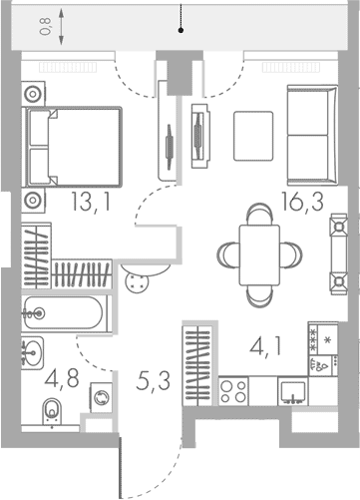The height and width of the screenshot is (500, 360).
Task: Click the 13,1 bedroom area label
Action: tap(91, 203)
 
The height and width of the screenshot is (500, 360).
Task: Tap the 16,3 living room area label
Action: tap(302, 202)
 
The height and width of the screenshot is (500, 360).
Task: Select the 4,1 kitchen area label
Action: tap(265, 346)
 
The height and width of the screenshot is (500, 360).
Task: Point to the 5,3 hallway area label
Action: tap(153, 381)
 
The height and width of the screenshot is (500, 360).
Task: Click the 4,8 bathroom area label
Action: tap(62, 378)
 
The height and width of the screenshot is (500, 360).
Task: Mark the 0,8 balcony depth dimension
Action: tap(45, 27)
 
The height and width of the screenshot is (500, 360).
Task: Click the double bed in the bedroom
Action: tap(72, 147)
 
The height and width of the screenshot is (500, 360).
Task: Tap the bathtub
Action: tap(64, 313)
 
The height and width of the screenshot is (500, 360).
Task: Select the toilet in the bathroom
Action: tap(53, 411)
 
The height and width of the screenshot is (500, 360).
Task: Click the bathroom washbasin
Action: tap(33, 353)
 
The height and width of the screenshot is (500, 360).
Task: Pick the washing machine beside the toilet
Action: tap(101, 398)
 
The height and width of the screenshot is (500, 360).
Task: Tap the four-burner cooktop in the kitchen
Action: tap(233, 391)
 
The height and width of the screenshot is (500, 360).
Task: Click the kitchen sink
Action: tap(293, 391)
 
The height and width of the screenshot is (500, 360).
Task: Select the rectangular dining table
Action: tap(259, 255)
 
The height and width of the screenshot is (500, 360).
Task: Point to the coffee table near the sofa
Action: tap(253, 136)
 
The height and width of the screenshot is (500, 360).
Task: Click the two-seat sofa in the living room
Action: tap(312, 135)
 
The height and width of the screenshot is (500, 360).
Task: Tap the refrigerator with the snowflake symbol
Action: tap(323, 338)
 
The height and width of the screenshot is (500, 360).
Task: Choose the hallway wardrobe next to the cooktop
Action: tap(198, 365)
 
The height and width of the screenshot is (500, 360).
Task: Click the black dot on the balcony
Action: tap(180, 30)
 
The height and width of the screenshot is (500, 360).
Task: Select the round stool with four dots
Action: tap(137, 282)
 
